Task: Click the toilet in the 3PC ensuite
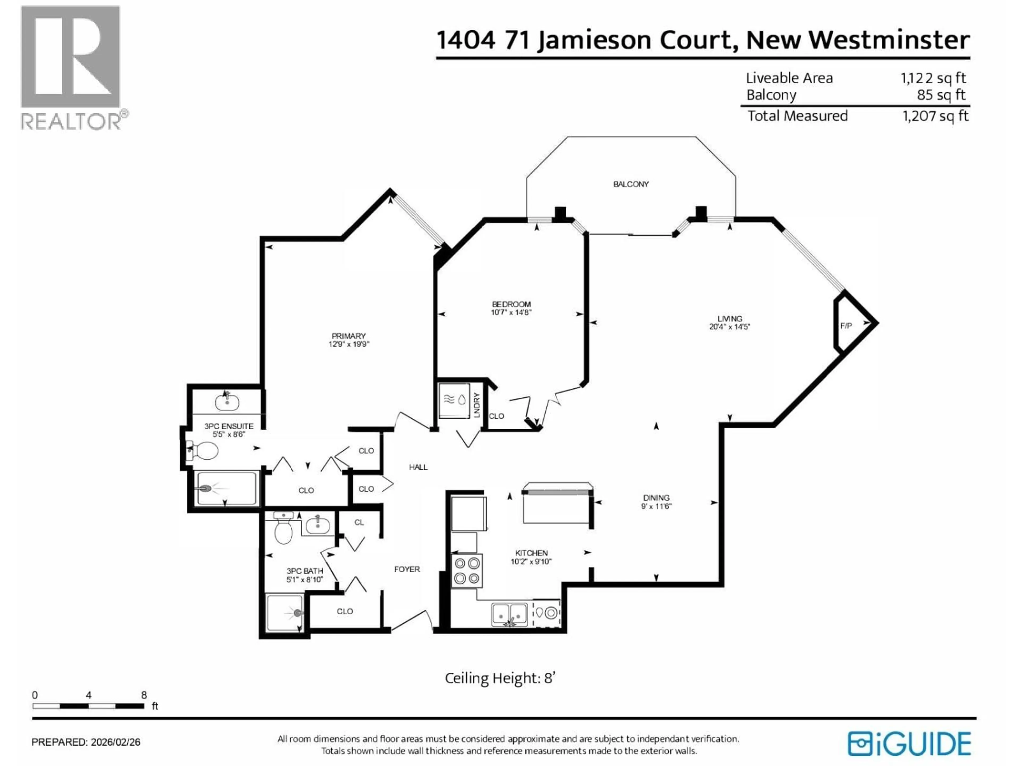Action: (203, 451)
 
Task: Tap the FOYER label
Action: (407, 569)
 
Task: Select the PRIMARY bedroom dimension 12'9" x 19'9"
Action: (349, 344)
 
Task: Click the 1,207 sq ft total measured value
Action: (935, 116)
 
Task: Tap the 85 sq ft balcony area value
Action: (941, 95)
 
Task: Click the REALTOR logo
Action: (72, 67)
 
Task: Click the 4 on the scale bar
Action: (88, 695)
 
